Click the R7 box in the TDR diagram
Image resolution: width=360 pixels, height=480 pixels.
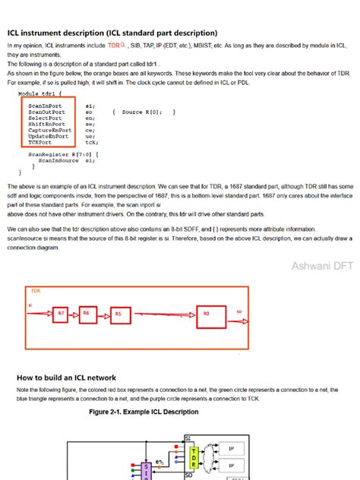[60, 314]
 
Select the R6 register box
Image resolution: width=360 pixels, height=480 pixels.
[87, 314]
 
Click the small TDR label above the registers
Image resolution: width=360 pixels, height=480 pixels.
[36, 291]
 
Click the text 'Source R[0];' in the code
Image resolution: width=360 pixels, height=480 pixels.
[141, 112]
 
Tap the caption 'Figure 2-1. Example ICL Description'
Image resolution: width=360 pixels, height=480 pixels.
[144, 412]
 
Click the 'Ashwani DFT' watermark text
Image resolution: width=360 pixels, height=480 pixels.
[322, 266]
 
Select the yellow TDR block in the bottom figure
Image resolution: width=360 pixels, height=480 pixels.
[195, 459]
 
